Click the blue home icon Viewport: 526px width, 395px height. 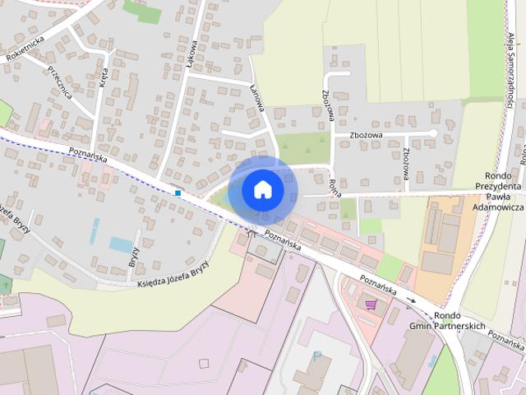click(262, 189)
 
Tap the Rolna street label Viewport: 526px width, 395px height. click(334, 191)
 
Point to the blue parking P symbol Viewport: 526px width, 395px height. click(317, 356)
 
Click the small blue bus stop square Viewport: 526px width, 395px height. click(178, 193)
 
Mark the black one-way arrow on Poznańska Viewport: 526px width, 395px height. click(411, 300)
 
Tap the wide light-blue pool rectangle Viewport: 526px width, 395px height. click(122, 244)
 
